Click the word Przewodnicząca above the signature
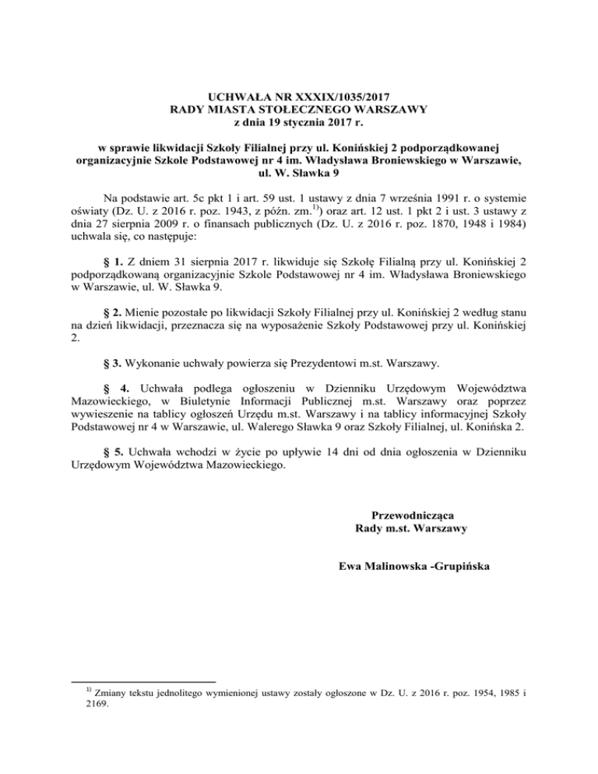(x=410, y=515)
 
